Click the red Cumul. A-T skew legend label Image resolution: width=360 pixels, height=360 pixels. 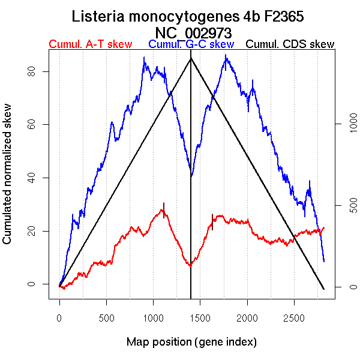[90, 44]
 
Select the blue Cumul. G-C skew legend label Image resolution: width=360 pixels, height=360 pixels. [191, 44]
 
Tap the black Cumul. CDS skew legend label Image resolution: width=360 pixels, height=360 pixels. [290, 44]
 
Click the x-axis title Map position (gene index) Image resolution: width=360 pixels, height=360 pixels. [191, 342]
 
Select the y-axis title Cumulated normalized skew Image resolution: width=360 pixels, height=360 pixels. [8, 181]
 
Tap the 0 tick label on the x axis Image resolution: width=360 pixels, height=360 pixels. [59, 316]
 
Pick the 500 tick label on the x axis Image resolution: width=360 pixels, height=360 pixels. [106, 316]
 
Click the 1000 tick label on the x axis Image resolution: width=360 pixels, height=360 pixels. [153, 316]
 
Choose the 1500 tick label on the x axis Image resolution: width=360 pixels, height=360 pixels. [200, 316]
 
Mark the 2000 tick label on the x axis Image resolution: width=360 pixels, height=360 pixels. [247, 316]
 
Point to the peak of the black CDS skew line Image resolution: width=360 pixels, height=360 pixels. [191, 58]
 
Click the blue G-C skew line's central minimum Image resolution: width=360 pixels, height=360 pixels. [191, 176]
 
